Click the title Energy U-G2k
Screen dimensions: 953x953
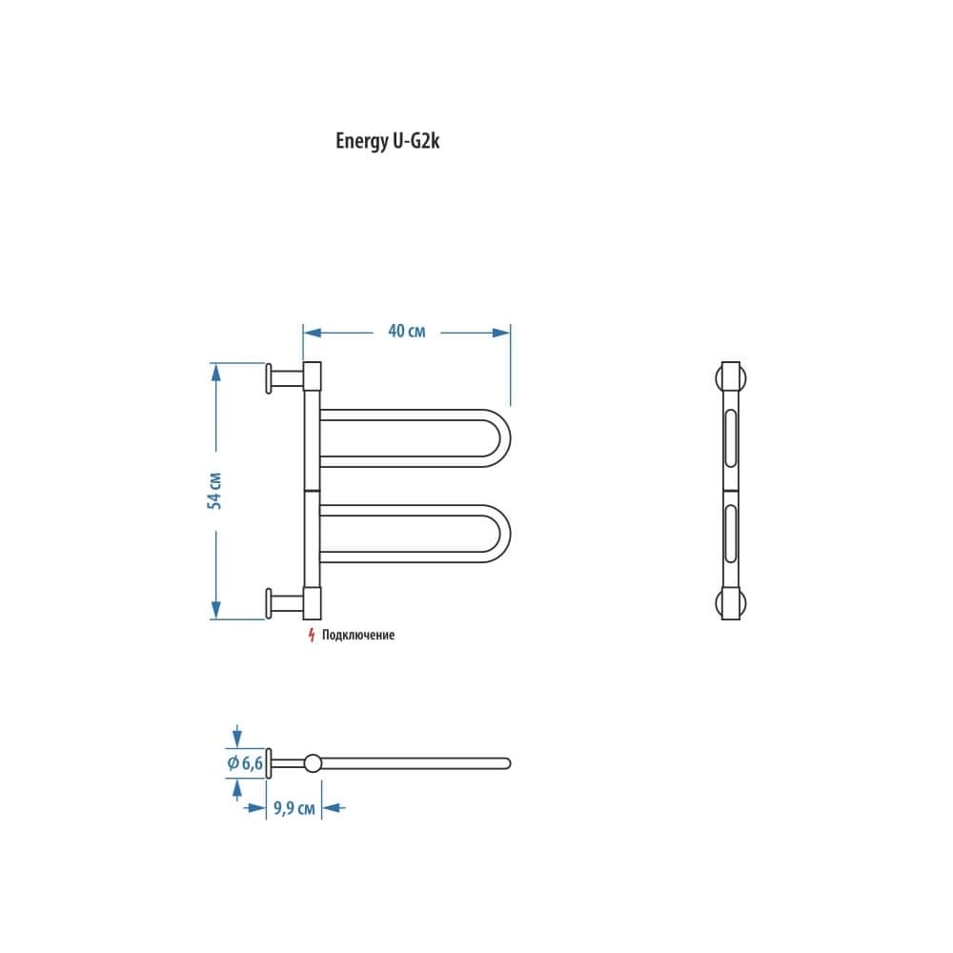(x=387, y=141)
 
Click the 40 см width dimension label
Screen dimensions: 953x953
(x=407, y=332)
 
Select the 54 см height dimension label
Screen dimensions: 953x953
(x=214, y=491)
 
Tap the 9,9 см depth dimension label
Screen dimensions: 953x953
(x=294, y=808)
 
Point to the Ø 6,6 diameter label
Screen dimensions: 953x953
(x=245, y=762)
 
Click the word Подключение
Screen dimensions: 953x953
(x=358, y=635)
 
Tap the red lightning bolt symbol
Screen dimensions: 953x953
(x=312, y=635)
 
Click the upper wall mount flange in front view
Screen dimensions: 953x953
(x=269, y=378)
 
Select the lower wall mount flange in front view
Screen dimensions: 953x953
(x=269, y=603)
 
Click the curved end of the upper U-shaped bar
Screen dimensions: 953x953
(x=504, y=438)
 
